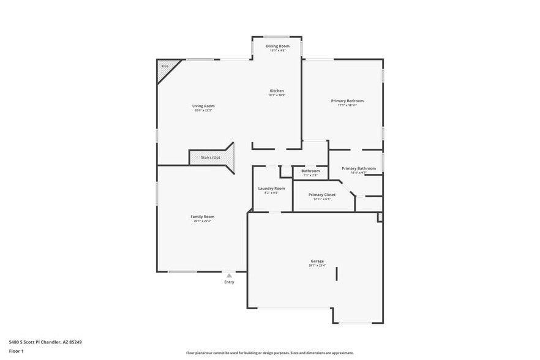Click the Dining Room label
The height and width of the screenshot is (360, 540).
(x=277, y=46)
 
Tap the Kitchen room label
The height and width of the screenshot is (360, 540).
(x=276, y=91)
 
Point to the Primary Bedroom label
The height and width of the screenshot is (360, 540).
(x=347, y=100)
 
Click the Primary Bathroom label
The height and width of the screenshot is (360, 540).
(x=358, y=168)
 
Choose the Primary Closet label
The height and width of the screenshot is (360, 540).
(x=321, y=195)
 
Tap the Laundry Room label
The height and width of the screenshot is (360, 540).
(x=271, y=188)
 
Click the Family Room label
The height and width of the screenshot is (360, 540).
(x=202, y=216)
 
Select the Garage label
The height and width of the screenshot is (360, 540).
(x=317, y=261)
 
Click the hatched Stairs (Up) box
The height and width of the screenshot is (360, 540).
(x=211, y=157)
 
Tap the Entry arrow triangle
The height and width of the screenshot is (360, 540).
(x=229, y=276)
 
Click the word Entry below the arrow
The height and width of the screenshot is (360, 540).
(x=229, y=282)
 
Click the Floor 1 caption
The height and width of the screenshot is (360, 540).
(x=17, y=351)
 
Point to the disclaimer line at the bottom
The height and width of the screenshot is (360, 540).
(x=269, y=353)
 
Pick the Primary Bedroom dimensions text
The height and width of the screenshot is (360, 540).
(x=347, y=105)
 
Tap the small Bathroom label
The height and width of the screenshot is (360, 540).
(x=310, y=171)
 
